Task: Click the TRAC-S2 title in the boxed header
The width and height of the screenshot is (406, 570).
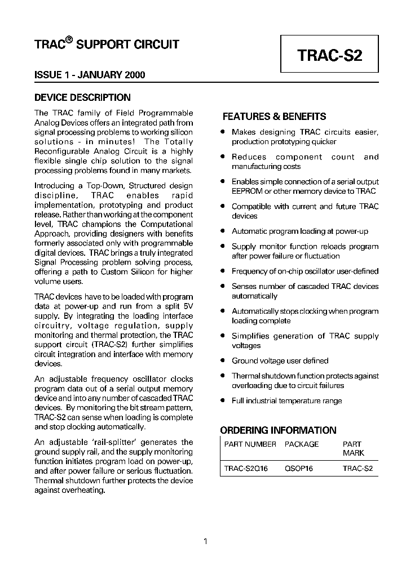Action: (x=329, y=56)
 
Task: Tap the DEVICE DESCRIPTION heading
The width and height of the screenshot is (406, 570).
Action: (x=82, y=97)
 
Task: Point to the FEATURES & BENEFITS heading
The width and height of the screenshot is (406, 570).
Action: (x=274, y=117)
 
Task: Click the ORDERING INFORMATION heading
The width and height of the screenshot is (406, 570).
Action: (x=278, y=430)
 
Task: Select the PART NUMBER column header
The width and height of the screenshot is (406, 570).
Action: (x=250, y=444)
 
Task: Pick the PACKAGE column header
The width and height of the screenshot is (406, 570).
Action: (x=302, y=444)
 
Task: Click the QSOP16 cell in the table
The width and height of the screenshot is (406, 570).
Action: (x=299, y=468)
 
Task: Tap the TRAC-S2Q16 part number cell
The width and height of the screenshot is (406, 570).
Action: (x=246, y=468)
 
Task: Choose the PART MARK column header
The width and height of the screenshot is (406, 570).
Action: (x=353, y=448)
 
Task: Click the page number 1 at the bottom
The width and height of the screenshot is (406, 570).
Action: (x=205, y=542)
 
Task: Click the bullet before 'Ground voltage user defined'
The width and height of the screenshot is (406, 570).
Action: (x=223, y=360)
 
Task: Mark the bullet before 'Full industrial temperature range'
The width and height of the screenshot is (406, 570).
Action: (x=223, y=400)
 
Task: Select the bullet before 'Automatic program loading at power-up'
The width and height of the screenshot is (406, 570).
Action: (x=223, y=231)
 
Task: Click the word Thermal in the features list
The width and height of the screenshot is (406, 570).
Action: (x=245, y=376)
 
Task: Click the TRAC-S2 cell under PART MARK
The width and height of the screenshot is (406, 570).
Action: (x=358, y=468)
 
